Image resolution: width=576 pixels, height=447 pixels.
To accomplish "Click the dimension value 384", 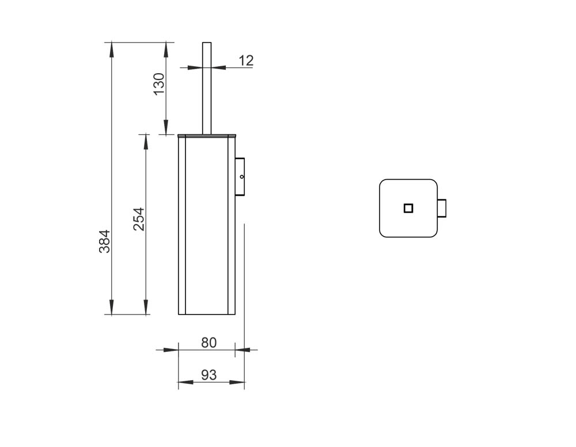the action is pyautogui.click(x=105, y=241).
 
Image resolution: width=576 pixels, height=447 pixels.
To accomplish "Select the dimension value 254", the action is pyautogui.click(x=139, y=219).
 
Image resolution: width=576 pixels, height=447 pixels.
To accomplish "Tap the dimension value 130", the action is pyautogui.click(x=159, y=84).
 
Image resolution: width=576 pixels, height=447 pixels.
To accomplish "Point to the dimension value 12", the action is pyautogui.click(x=246, y=60).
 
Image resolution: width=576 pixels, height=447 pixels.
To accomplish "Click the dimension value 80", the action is pyautogui.click(x=209, y=343).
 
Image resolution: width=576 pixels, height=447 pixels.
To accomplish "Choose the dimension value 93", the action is pyautogui.click(x=209, y=375).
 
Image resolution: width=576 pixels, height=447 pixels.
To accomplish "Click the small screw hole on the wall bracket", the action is pyautogui.click(x=242, y=177).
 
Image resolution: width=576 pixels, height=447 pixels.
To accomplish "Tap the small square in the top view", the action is pyautogui.click(x=408, y=209).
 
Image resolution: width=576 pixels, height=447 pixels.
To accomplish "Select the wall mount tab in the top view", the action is pyautogui.click(x=442, y=209).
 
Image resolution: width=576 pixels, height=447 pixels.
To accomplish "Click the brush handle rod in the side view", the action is pyautogui.click(x=207, y=88).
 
